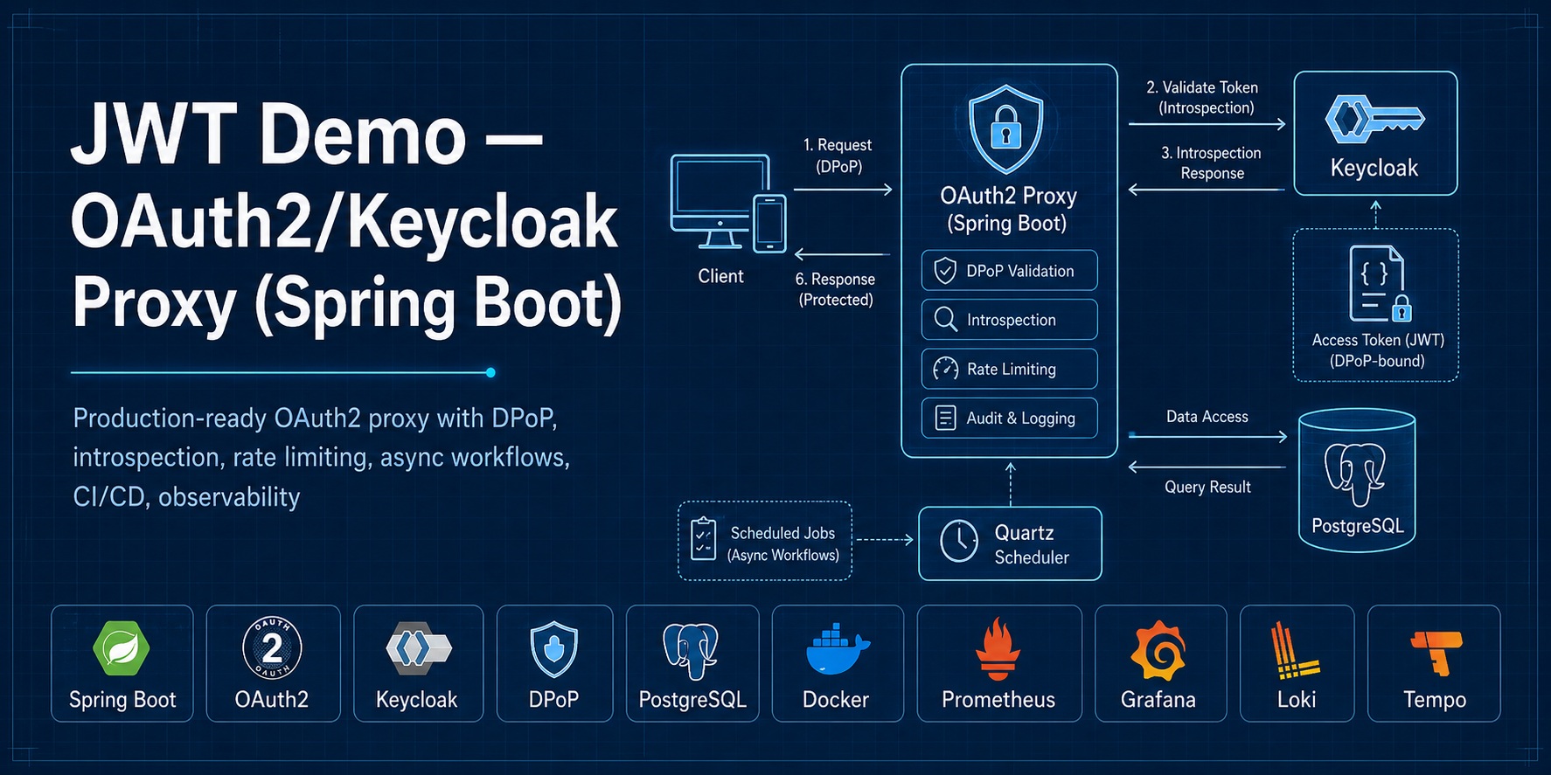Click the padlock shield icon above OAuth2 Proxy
click(x=1005, y=129)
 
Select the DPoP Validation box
click(x=1009, y=271)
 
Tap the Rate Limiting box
click(x=1009, y=369)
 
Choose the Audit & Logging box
click(x=1009, y=418)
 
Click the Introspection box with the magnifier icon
click(x=1009, y=320)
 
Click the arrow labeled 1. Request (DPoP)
click(x=843, y=189)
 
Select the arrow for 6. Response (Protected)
click(x=843, y=254)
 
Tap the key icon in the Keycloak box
click(x=1374, y=120)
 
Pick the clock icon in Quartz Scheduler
click(x=959, y=543)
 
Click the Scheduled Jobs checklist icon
click(x=703, y=538)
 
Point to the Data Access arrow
click(x=1207, y=435)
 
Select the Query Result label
click(x=1207, y=487)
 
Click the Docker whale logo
click(x=837, y=651)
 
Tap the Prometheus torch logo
click(x=998, y=649)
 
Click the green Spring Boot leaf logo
click(x=122, y=649)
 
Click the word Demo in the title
click(x=363, y=136)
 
